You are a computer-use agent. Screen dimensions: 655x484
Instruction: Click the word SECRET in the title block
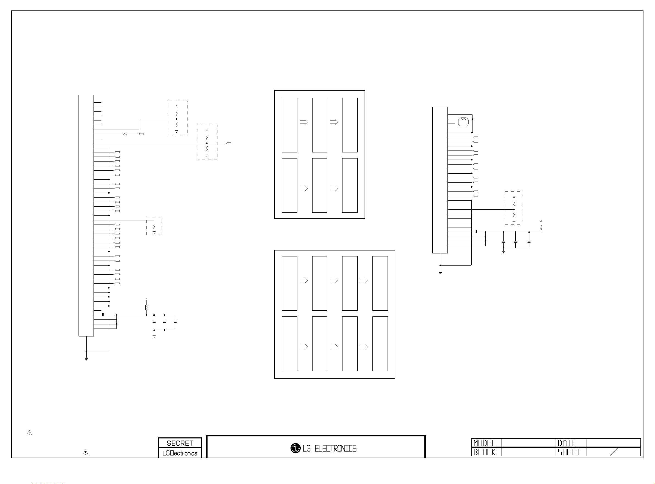tap(180, 443)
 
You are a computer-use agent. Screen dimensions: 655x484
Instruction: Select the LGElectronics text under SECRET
tap(180, 453)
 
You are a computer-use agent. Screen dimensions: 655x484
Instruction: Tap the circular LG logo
tap(295, 448)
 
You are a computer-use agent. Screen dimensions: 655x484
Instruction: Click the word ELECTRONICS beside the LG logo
tap(335, 449)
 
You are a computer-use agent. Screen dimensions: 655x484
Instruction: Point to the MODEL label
tap(485, 443)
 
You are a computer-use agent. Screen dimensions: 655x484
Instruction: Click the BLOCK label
tap(485, 452)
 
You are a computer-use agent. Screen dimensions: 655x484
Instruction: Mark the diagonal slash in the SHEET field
tap(613, 452)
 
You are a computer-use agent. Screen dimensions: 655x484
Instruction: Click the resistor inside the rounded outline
tap(463, 119)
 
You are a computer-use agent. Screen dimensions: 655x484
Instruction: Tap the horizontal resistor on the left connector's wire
tap(125, 134)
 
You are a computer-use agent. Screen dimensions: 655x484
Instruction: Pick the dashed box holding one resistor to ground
tap(154, 226)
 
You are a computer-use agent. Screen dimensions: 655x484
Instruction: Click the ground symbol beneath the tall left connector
tap(86, 359)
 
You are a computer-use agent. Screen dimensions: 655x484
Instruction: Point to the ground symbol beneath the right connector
tap(440, 273)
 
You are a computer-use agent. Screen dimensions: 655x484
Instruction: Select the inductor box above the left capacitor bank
tap(146, 307)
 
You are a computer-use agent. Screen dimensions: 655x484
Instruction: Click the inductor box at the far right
tap(541, 227)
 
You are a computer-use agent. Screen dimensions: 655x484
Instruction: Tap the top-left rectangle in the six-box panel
tap(289, 125)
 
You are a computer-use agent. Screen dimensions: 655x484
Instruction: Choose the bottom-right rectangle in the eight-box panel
tap(380, 343)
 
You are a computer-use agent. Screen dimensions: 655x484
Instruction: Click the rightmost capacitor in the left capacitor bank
tap(175, 322)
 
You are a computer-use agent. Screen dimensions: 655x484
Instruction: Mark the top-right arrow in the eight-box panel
tap(364, 280)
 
